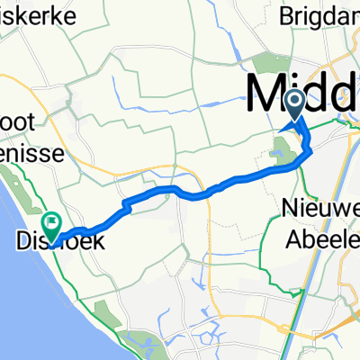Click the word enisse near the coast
click(31, 154)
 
